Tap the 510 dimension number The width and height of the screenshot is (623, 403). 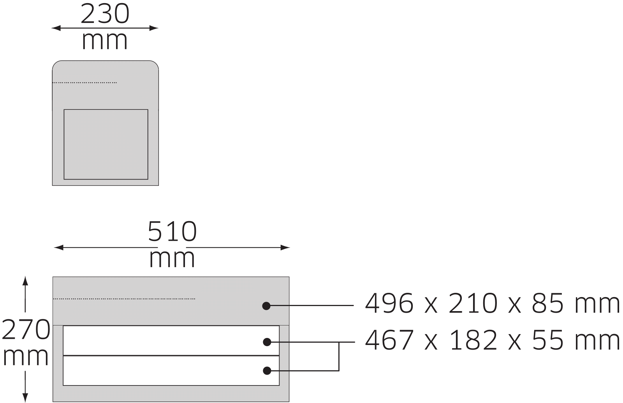point(172,231)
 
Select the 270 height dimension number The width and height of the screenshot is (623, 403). point(26,329)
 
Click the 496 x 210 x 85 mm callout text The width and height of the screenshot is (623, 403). point(492,303)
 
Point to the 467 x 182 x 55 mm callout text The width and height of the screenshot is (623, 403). point(492,340)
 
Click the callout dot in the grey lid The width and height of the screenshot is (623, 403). point(266,306)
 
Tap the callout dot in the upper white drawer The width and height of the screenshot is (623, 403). point(267,342)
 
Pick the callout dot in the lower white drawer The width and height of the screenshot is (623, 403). point(267,371)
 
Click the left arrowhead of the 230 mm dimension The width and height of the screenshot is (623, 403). point(56,28)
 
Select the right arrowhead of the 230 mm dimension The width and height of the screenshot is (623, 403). point(154,28)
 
